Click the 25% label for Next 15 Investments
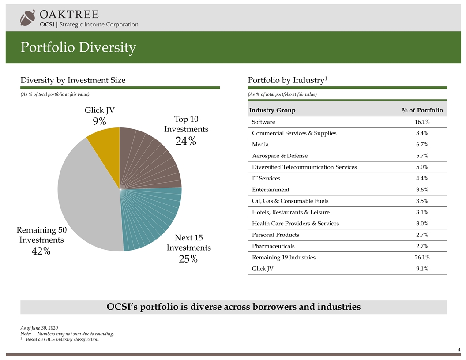188,259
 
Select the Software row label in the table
263,122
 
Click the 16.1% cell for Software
422,122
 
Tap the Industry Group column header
272,110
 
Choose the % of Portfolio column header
422,110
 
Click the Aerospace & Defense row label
280,156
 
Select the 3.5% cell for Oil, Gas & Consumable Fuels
422,201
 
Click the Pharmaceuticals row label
273,246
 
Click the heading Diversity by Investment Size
73,80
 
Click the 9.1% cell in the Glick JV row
422,269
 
